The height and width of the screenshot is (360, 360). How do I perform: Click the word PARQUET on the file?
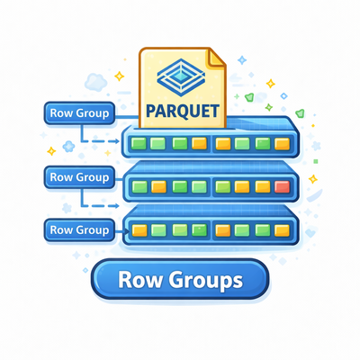[x=183, y=111]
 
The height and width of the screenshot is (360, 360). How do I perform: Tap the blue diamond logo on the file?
[x=181, y=77]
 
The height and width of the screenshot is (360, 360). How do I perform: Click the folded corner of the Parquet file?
[x=217, y=58]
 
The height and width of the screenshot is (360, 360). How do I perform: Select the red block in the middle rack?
[x=283, y=187]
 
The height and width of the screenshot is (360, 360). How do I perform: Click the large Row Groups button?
[x=180, y=280]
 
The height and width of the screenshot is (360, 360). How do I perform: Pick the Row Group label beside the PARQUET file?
[x=79, y=113]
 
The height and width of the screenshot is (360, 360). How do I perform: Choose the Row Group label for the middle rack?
[x=79, y=177]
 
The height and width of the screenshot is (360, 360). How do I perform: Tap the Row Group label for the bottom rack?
[x=79, y=230]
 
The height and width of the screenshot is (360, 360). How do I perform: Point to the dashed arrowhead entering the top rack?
[x=117, y=141]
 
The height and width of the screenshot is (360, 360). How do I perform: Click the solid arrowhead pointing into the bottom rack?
[x=127, y=231]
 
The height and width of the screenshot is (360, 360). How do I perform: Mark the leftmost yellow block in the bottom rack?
[x=139, y=230]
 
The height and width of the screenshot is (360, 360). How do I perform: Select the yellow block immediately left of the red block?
[x=263, y=187]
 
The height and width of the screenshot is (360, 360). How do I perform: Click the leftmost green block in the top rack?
[x=139, y=143]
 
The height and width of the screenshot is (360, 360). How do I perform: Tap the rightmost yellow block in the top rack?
[x=283, y=144]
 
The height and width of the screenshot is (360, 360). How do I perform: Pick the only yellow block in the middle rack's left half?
[x=158, y=187]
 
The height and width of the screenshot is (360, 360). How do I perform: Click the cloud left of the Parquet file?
[x=95, y=82]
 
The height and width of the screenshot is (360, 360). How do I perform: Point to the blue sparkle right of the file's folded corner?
[x=242, y=60]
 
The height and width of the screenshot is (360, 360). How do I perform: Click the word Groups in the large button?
[x=205, y=281]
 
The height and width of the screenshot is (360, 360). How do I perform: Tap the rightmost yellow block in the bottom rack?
[x=283, y=230]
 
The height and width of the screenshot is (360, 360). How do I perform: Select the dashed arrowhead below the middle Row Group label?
[x=117, y=206]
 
